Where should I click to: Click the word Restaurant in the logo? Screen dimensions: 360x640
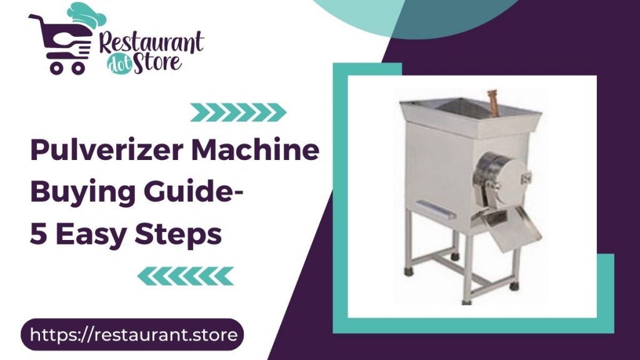[x=152, y=42]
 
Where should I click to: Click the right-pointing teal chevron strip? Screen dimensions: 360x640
[x=237, y=112]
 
